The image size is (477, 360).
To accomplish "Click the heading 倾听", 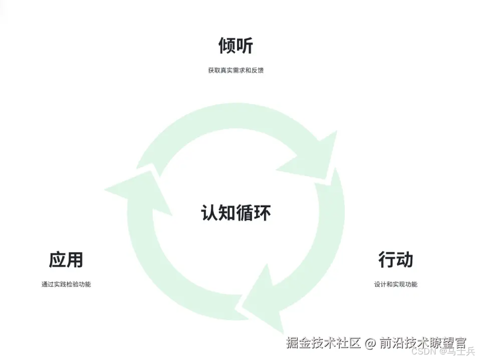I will point(235,46).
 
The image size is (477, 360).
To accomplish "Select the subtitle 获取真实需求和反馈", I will point(235,71).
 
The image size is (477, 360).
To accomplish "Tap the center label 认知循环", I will point(236,213).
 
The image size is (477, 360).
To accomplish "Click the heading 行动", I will point(396,260).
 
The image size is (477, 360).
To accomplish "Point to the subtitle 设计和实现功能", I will point(396,284).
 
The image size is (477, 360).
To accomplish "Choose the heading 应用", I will point(66,260).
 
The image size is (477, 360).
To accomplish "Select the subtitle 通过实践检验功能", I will point(66,284).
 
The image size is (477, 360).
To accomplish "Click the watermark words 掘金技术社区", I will point(324,343).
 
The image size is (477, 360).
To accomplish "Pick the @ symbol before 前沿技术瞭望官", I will point(370,343).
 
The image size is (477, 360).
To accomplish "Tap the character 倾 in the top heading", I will point(227,46).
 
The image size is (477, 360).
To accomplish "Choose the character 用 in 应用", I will point(75,260).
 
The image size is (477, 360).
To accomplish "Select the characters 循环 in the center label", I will point(254,213).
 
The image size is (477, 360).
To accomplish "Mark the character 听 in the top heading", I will point(245,46).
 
